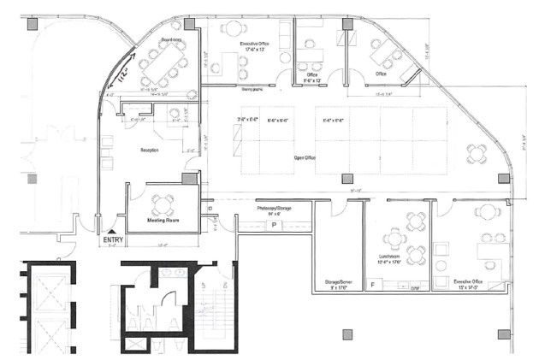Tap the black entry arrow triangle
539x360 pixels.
[113, 232]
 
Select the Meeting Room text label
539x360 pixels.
[163, 220]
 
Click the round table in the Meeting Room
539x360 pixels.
[162, 204]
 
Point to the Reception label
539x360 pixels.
[151, 150]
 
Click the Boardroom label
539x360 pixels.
[170, 39]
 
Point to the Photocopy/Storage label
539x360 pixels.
[275, 208]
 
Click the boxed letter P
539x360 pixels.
[274, 223]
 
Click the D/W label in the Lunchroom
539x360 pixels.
[413, 288]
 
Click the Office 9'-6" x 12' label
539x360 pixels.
[311, 76]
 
